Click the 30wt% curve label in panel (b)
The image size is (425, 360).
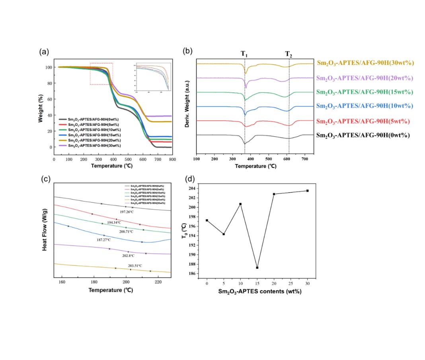[366, 63]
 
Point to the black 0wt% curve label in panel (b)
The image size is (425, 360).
[363, 135]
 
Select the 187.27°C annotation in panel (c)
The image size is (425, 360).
[103, 240]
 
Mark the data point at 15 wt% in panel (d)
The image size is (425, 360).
[257, 268]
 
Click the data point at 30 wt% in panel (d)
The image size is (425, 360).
[307, 191]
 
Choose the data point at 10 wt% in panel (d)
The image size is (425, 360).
[240, 204]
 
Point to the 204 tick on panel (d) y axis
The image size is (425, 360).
[193, 188]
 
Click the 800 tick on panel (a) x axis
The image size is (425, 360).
[172, 159]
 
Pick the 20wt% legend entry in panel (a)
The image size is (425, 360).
[91, 141]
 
